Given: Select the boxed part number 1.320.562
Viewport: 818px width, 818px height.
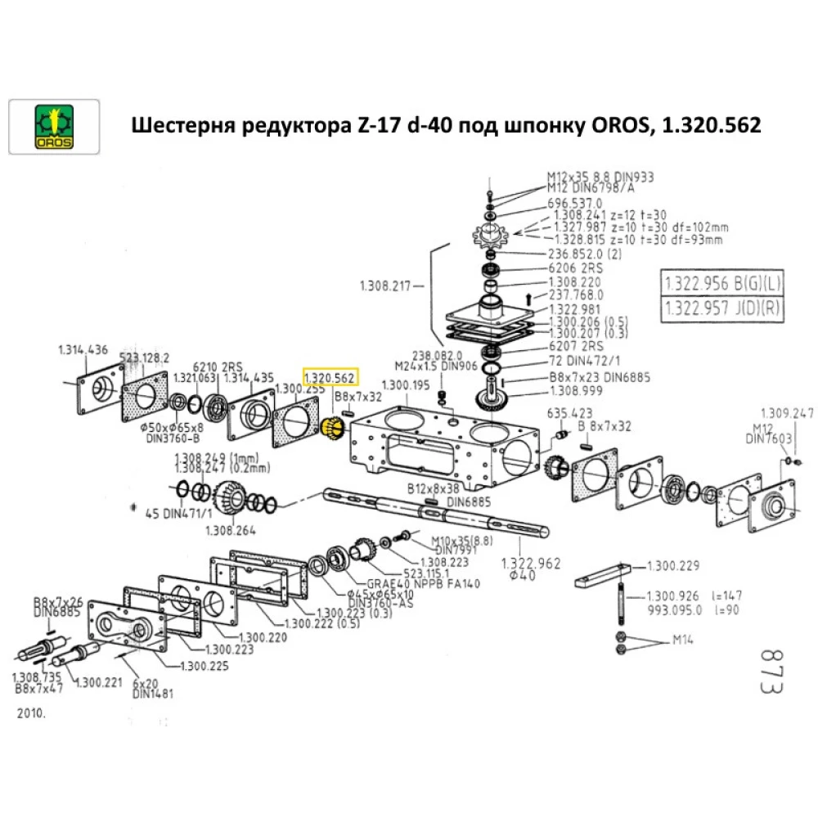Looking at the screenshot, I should (330, 378).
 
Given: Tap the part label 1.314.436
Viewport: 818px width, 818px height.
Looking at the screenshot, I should (83, 349).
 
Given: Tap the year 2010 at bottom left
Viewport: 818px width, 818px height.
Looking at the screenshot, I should (31, 712).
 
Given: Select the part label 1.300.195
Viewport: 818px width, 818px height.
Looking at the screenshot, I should (405, 384).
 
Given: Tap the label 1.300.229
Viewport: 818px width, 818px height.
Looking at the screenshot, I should (673, 565).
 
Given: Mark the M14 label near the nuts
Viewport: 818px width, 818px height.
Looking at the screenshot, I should (682, 640).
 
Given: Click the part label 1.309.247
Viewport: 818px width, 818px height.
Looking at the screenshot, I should (787, 412).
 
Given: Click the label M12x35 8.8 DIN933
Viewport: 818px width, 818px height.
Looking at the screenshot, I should (600, 177).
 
